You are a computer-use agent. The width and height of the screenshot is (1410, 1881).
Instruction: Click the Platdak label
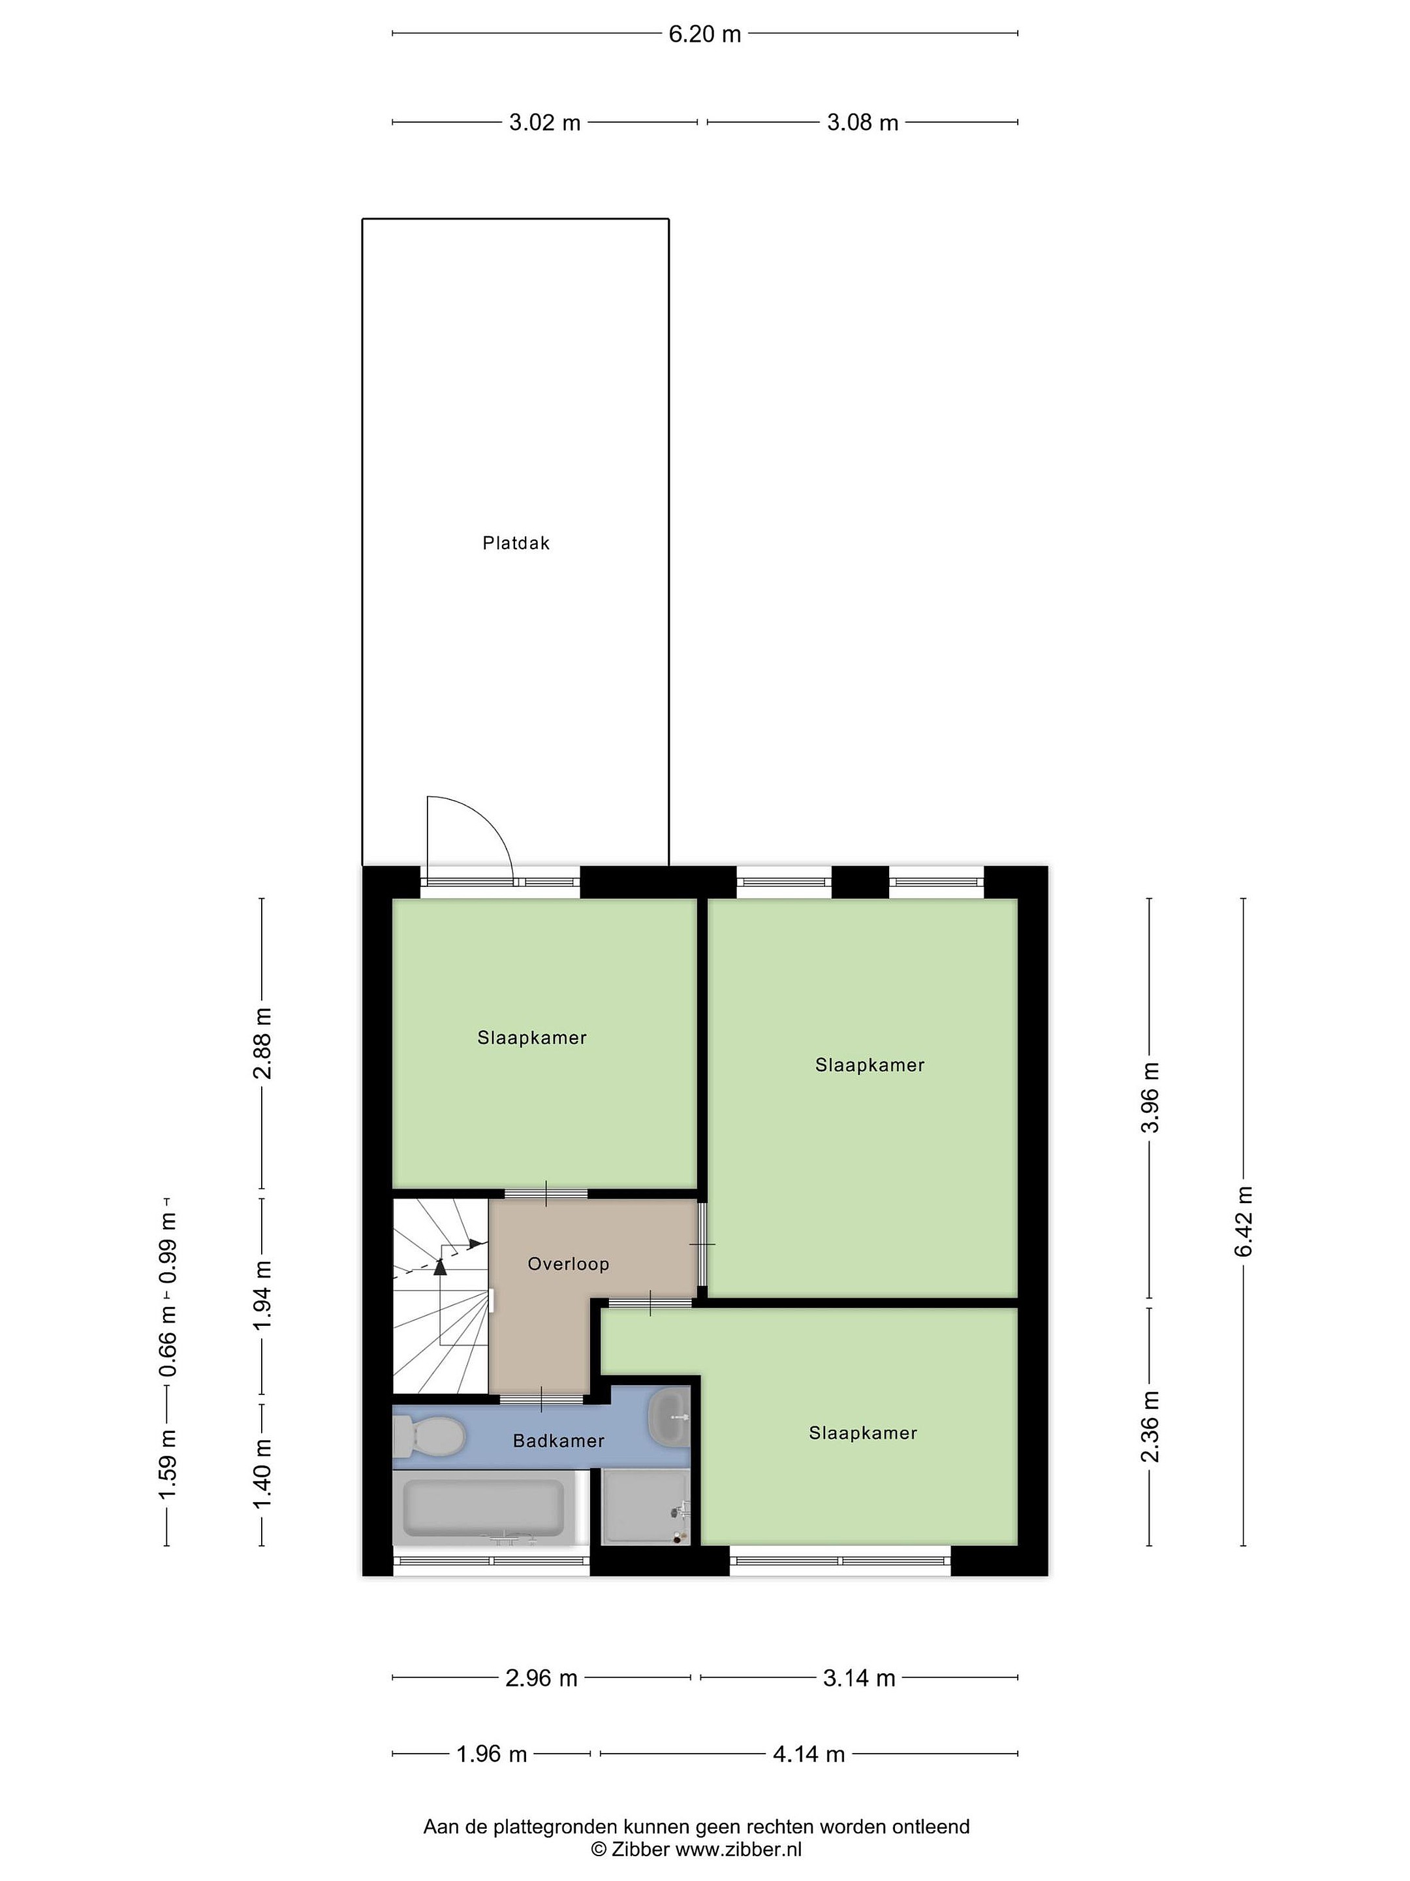(x=516, y=543)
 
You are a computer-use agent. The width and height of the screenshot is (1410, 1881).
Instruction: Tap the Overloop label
(x=568, y=1264)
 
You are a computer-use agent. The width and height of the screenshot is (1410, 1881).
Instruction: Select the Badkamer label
(x=558, y=1441)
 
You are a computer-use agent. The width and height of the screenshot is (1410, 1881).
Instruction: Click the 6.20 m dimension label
(x=704, y=34)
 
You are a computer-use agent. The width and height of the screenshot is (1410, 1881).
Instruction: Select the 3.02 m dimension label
(x=545, y=122)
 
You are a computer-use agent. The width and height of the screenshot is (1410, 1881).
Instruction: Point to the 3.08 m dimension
(x=863, y=122)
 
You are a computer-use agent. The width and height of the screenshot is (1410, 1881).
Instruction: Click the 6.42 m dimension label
(x=1244, y=1221)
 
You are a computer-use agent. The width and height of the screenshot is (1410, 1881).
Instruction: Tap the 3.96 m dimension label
(x=1150, y=1098)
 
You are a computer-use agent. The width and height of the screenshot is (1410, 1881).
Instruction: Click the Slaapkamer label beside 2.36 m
(x=863, y=1433)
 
